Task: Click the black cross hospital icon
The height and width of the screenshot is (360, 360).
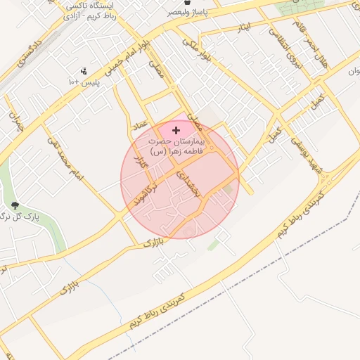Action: [175, 130]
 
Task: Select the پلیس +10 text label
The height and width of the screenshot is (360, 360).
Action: [84, 82]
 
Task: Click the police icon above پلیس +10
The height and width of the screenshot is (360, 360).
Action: [84, 71]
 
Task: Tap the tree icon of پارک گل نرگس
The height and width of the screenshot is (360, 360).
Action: [16, 205]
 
